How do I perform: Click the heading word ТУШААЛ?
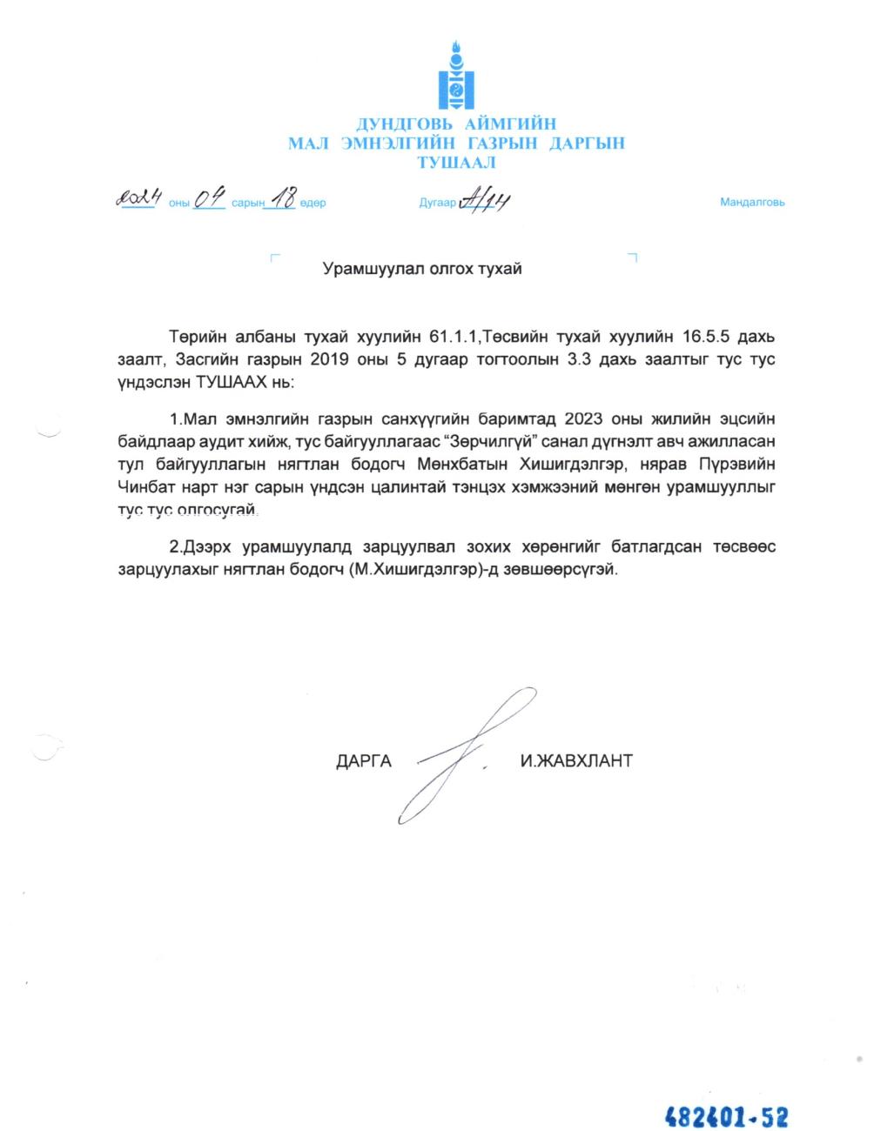point(456,163)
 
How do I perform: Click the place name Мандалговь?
point(752,203)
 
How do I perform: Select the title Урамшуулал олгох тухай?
point(422,269)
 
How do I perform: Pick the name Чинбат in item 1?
point(145,487)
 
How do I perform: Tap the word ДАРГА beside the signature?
point(364,761)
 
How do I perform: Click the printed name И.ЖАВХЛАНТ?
point(575,761)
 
